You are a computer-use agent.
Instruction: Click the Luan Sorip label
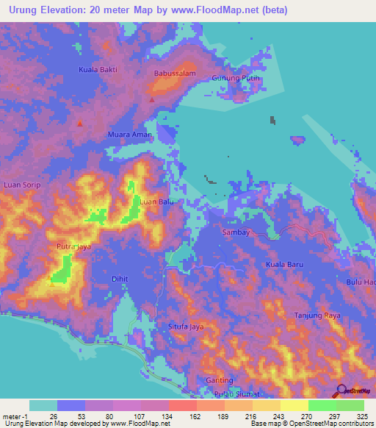[x=22, y=185]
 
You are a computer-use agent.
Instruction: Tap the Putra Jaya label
[x=73, y=247]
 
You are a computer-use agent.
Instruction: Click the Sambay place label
[x=236, y=232]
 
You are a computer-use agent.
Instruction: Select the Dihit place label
[x=119, y=279]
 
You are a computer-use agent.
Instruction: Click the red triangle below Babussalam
[x=152, y=99]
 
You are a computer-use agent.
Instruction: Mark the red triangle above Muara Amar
[x=80, y=124]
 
